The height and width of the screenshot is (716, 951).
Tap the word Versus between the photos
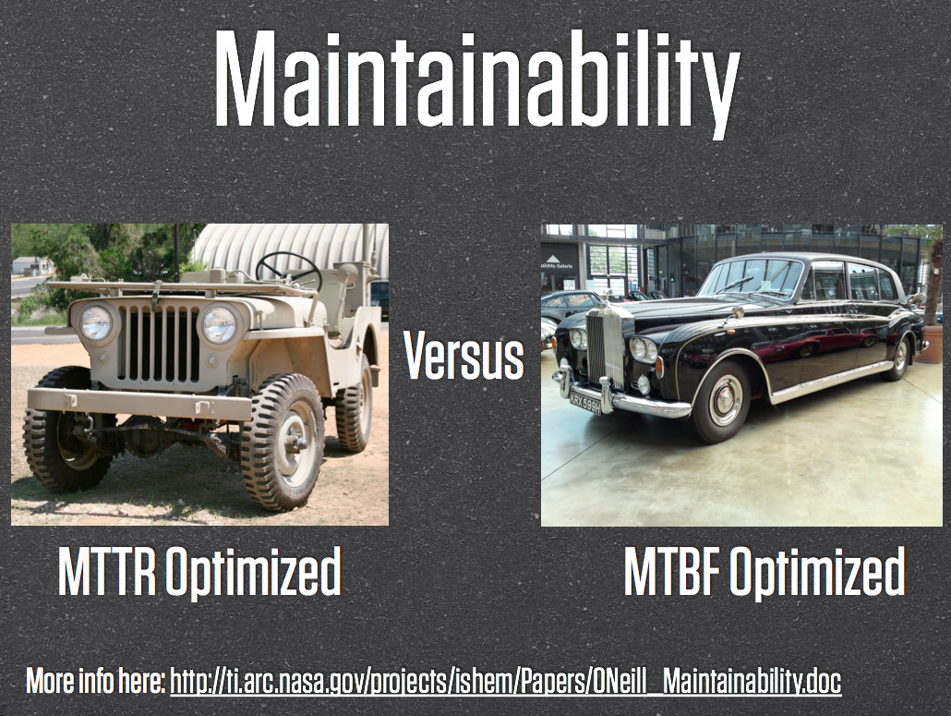464,356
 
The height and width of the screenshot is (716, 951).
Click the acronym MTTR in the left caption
107,571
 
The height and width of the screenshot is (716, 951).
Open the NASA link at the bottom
506,682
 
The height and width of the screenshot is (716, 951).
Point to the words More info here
95,680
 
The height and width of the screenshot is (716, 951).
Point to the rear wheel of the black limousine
897,358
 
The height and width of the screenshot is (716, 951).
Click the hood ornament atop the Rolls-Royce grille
605,297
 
